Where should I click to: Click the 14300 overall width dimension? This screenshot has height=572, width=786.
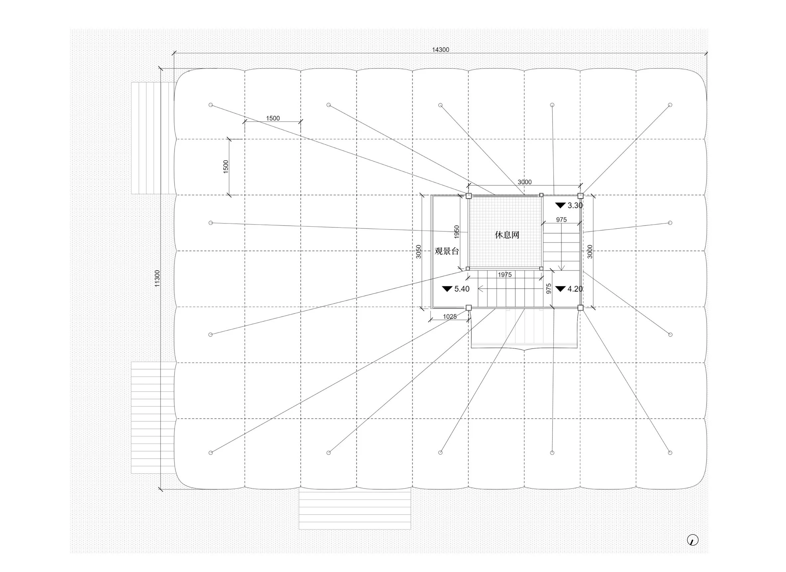pyautogui.click(x=440, y=50)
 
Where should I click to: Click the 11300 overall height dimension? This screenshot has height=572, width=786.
pyautogui.click(x=157, y=278)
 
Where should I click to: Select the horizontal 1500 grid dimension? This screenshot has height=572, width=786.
pyautogui.click(x=273, y=118)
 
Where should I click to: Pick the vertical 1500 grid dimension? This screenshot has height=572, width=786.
pyautogui.click(x=226, y=167)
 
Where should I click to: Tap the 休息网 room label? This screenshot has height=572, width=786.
pyautogui.click(x=507, y=235)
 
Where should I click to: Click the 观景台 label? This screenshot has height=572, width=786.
pyautogui.click(x=447, y=251)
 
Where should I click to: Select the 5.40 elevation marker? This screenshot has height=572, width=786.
pyautogui.click(x=456, y=289)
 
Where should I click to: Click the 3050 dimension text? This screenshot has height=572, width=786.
pyautogui.click(x=418, y=252)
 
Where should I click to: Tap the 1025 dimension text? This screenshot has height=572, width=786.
pyautogui.click(x=450, y=317)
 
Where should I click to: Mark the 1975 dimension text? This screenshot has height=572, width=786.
pyautogui.click(x=505, y=275)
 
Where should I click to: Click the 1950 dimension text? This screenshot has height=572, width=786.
pyautogui.click(x=457, y=231)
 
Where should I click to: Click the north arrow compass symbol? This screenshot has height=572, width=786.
pyautogui.click(x=693, y=540)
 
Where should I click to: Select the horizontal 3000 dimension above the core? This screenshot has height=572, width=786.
pyautogui.click(x=524, y=182)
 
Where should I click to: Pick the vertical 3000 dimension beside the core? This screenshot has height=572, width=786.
pyautogui.click(x=590, y=252)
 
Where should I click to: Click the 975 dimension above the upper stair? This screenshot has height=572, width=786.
pyautogui.click(x=562, y=220)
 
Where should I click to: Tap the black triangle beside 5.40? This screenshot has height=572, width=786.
pyautogui.click(x=447, y=288)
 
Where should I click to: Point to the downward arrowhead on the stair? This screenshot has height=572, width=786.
pyautogui.click(x=562, y=268)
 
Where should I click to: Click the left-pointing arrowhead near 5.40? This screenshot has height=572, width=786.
pyautogui.click(x=480, y=288)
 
